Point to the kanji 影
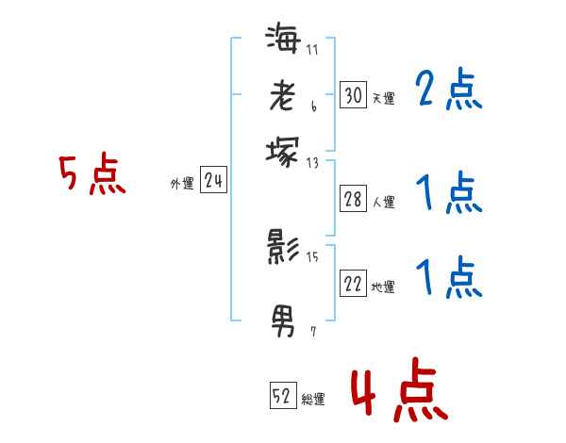(283, 248)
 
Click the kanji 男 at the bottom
(283, 321)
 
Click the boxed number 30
(353, 94)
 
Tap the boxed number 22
(353, 284)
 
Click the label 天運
(383, 97)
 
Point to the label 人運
(383, 201)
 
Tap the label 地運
(383, 287)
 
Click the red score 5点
(92, 175)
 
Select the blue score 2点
(448, 91)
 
